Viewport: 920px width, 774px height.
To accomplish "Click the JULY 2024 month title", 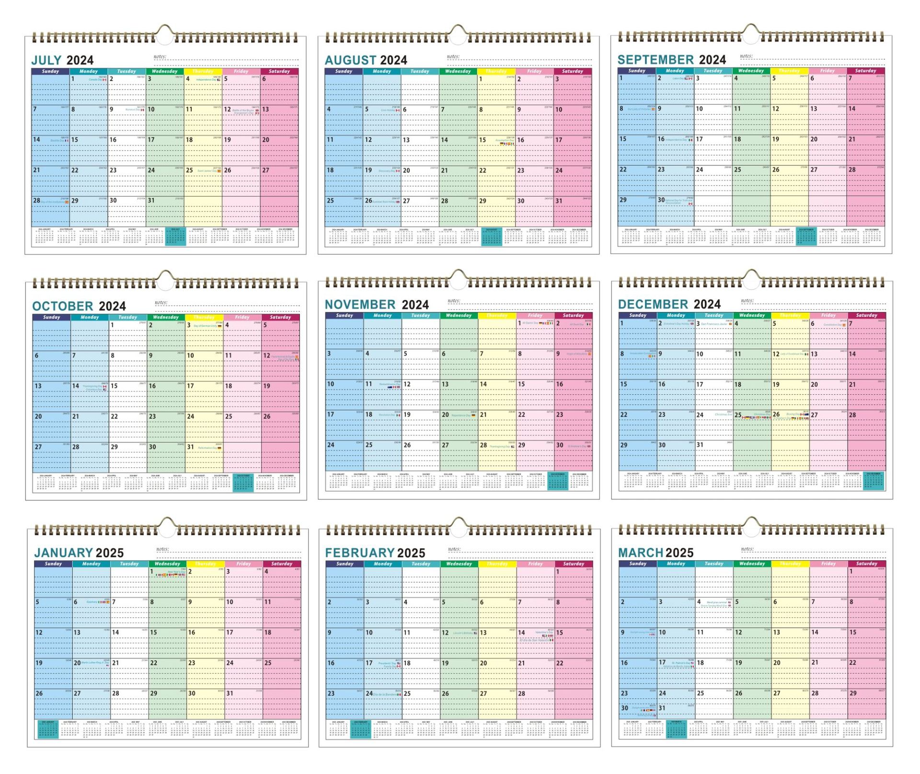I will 62,60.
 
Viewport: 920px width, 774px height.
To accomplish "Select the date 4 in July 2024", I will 188,79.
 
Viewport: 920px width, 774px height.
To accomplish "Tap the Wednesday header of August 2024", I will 458,71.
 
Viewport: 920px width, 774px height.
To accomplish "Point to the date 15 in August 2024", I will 483,140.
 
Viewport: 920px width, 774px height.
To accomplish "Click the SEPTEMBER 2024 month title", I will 671,60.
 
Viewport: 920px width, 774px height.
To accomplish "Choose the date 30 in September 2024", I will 661,200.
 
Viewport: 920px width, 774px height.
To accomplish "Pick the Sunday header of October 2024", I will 51,317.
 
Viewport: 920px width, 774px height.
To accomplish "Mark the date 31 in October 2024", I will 190,447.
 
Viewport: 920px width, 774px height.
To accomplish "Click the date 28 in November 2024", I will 483,445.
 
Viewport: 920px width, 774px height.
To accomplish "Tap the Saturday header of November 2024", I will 573,315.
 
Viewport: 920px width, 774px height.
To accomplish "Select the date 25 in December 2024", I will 738,415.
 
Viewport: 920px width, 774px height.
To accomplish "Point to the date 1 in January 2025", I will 152,571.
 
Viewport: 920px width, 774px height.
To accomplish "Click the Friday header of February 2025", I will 535,564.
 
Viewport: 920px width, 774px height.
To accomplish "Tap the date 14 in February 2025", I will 521,633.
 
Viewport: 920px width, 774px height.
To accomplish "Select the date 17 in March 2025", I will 662,663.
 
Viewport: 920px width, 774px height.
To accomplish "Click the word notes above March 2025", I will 747,549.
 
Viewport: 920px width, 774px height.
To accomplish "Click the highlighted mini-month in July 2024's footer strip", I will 175,237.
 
